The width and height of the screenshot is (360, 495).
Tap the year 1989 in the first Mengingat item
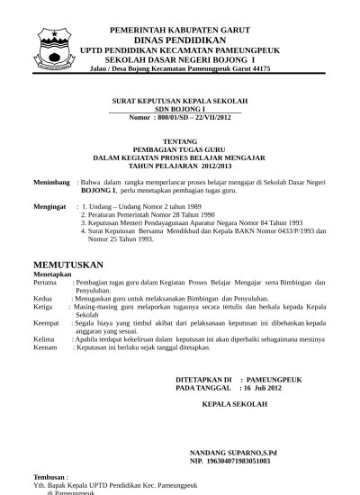point(184,206)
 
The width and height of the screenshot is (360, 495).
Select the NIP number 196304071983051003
point(237,461)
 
